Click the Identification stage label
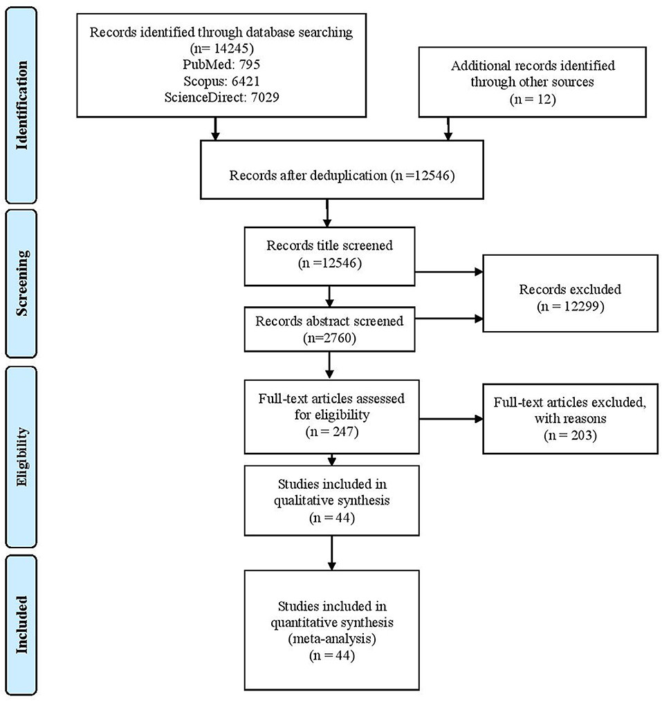tap(21, 106)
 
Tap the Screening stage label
tap(21, 283)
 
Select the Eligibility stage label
tap(21, 456)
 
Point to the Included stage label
tap(21, 624)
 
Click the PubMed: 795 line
tap(221, 64)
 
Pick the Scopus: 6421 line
tap(221, 81)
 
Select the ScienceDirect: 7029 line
tap(221, 97)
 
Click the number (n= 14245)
tap(221, 48)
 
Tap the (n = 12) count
tap(532, 99)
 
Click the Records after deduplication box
tap(342, 170)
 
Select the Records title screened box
tap(330, 256)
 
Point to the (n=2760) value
tap(330, 338)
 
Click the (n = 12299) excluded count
tap(570, 306)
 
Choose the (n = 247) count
tap(331, 431)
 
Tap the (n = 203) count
tap(570, 435)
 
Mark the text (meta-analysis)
tap(331, 638)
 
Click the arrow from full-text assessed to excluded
tap(451, 419)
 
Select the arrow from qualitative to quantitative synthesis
tap(331, 552)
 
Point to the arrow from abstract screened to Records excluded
tap(449, 319)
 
